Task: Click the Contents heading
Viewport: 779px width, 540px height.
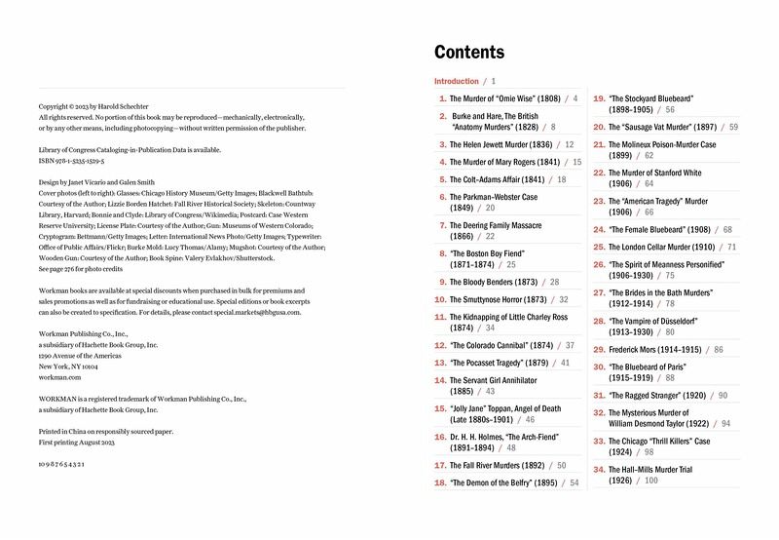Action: tap(469, 53)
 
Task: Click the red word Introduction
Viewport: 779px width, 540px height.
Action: tap(457, 82)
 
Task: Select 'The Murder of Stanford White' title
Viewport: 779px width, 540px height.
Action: tap(654, 173)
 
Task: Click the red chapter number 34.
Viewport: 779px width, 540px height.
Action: tap(600, 469)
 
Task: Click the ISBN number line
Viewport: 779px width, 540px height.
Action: tap(72, 160)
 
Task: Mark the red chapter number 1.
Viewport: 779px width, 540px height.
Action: tap(443, 98)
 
